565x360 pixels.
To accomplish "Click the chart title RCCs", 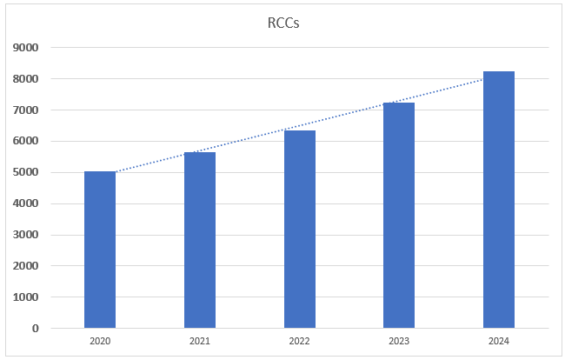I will click(282, 23).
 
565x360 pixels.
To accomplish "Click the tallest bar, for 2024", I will click(499, 200).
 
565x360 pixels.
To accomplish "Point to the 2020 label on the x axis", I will click(100, 342).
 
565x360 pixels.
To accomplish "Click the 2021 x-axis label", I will click(200, 342).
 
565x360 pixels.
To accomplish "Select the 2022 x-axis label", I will click(299, 342).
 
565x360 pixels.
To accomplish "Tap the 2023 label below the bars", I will click(399, 342).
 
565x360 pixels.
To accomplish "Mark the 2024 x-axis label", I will click(499, 342).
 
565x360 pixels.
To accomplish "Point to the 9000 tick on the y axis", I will click(26, 48).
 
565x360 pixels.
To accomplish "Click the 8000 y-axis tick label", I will click(26, 79).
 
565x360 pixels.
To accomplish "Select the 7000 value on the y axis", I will click(26, 110).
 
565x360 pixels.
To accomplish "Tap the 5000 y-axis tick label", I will click(26, 172).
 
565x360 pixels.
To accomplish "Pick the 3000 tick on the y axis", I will click(26, 235).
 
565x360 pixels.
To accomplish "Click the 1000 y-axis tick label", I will click(26, 297).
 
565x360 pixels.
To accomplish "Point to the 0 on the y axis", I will click(35, 329).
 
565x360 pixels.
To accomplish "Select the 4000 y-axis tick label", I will click(26, 203).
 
